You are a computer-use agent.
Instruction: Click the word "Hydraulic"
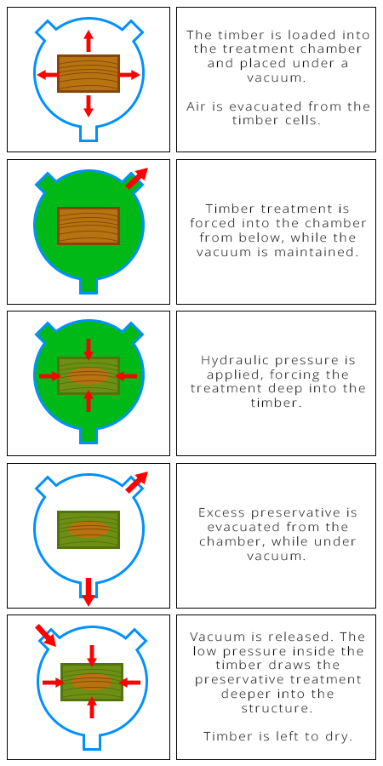(x=232, y=360)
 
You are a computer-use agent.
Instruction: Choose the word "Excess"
(x=221, y=512)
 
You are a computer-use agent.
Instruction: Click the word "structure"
(x=275, y=707)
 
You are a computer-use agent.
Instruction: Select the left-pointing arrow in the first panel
(x=46, y=75)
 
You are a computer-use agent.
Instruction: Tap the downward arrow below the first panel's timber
(x=89, y=106)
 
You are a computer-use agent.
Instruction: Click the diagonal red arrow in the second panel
(x=136, y=178)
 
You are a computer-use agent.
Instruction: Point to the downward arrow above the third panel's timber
(x=89, y=349)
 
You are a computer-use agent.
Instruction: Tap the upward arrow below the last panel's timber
(x=92, y=712)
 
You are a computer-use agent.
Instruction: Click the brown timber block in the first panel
(x=89, y=73)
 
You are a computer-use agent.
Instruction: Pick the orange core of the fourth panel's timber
(x=89, y=529)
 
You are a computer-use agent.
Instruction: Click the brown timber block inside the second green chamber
(x=89, y=226)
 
